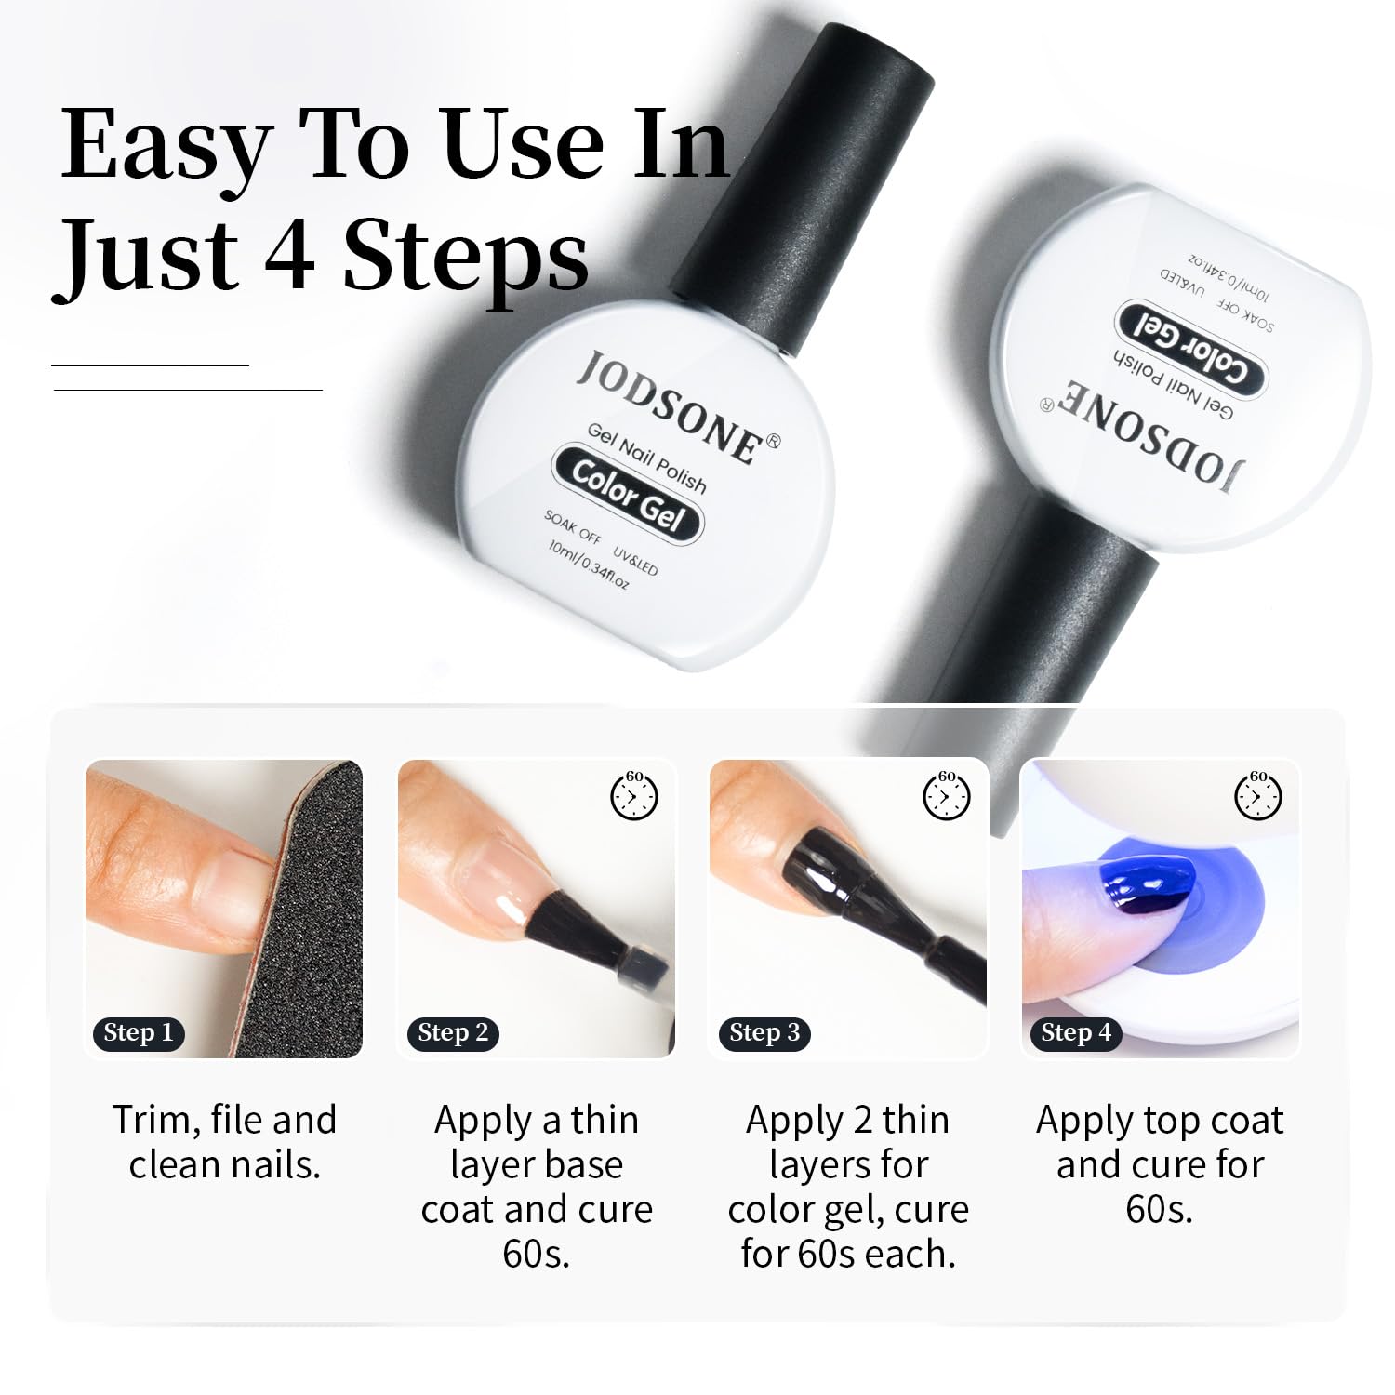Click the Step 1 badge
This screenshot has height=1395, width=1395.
coord(138,1033)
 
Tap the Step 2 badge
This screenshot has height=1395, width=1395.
coord(452,1033)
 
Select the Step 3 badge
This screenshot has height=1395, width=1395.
coord(764,1033)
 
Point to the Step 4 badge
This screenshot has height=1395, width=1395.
coord(1075,1033)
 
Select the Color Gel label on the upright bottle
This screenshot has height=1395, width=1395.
coord(629,494)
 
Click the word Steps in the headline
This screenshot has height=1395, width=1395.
coord(466,256)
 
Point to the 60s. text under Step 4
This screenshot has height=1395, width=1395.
coord(1159,1209)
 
